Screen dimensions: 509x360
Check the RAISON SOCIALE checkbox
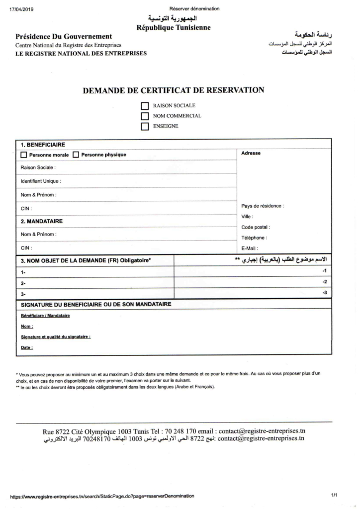[145, 106]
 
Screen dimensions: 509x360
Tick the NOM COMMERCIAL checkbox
[145, 116]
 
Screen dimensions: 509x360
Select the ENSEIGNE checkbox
[145, 126]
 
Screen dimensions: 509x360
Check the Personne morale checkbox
[24, 155]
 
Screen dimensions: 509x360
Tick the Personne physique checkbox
[76, 155]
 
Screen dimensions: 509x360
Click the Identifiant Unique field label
[41, 181]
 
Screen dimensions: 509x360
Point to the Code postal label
[255, 227]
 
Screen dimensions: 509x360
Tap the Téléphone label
[254, 238]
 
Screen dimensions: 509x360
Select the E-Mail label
[250, 248]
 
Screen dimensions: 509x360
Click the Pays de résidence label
[263, 206]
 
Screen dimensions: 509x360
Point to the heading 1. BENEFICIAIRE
[43, 145]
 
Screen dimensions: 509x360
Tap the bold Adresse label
[251, 153]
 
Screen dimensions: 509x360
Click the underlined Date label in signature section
[27, 347]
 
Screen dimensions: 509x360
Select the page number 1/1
[334, 495]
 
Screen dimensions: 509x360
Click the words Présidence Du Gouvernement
[64, 36]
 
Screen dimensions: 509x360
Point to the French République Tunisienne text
[173, 28]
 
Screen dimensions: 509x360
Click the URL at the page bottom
[102, 496]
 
